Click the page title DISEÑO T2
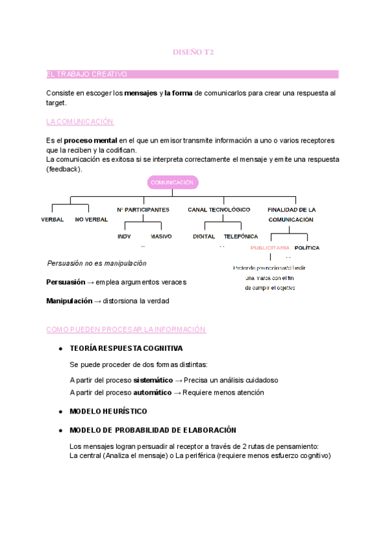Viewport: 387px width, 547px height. (193, 52)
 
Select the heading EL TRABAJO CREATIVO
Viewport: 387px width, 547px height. (87, 75)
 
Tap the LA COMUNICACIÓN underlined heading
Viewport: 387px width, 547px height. (80, 121)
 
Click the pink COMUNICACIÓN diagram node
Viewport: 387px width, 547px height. (172, 183)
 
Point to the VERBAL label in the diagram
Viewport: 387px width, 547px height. (52, 220)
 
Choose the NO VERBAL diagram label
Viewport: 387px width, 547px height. (91, 220)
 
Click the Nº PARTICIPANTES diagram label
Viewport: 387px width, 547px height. (143, 210)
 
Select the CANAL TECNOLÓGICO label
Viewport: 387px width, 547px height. (219, 210)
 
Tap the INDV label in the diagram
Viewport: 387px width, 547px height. (124, 237)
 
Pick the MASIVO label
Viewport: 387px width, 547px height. (161, 237)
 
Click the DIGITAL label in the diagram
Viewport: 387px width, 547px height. (204, 237)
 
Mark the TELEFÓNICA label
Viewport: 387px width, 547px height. (241, 237)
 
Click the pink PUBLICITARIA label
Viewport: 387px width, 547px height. (270, 248)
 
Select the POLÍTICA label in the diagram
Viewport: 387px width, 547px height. (307, 248)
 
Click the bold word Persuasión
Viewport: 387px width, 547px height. (66, 283)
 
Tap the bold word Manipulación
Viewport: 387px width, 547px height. (70, 301)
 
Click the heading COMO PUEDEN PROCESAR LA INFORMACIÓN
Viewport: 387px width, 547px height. (126, 330)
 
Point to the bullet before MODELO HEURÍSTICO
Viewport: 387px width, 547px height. (60, 412)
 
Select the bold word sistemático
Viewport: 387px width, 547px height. (153, 381)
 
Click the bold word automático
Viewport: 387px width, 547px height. (152, 392)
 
